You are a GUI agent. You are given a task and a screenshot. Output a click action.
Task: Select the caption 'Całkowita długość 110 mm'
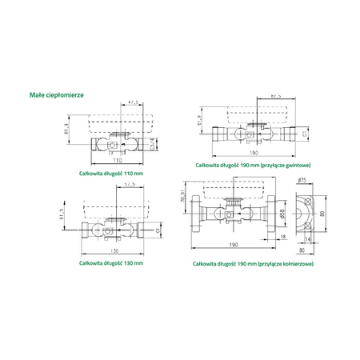[111, 172]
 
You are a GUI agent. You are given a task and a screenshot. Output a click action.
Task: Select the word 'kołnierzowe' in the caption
[292, 263]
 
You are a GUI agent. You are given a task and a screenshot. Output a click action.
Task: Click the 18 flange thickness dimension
[282, 238]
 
